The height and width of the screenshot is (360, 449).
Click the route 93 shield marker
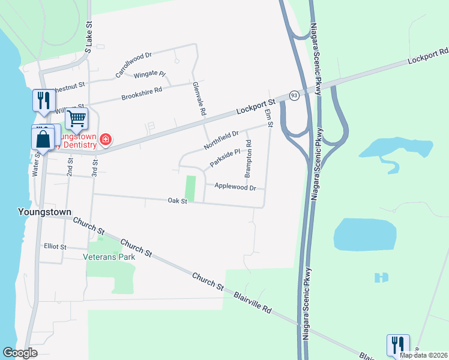tap(294, 95)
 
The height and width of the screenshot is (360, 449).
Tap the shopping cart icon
tap(77, 119)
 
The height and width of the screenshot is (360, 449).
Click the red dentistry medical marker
tap(106, 140)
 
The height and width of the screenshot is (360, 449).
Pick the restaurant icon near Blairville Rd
tap(398, 344)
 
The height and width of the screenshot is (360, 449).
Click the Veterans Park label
tap(109, 257)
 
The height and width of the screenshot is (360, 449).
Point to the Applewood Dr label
tap(235, 188)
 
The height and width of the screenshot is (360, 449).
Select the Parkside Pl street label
tap(225, 158)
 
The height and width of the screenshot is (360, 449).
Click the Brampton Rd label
tap(248, 163)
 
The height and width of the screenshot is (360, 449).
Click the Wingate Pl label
tap(149, 74)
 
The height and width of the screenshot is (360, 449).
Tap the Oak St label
tap(178, 202)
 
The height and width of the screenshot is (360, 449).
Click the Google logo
tap(20, 353)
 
